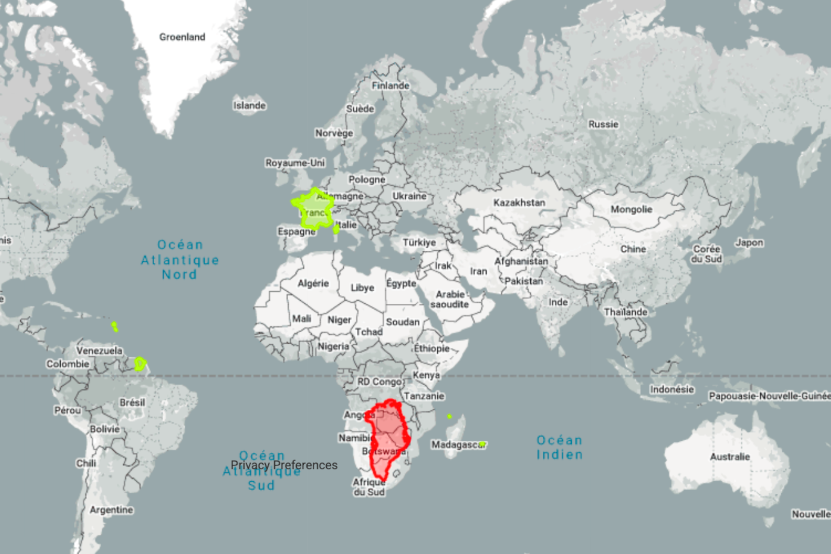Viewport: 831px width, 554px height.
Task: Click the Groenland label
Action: [x=182, y=37]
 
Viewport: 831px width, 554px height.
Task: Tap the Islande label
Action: [x=249, y=105]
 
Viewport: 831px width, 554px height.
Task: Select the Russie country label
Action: [x=603, y=124]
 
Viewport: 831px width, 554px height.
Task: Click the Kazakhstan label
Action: [x=519, y=202]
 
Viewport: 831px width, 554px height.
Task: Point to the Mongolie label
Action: [x=631, y=209]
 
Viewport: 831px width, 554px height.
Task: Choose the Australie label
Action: [x=730, y=456]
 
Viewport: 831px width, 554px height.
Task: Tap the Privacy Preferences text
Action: [x=284, y=465]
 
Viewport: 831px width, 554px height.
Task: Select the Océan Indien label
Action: [x=559, y=447]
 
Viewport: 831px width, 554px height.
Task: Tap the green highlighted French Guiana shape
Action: [x=140, y=363]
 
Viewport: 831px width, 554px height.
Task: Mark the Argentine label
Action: [x=111, y=510]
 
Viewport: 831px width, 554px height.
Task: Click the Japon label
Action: [x=749, y=242]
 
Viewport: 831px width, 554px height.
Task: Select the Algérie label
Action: [x=313, y=283]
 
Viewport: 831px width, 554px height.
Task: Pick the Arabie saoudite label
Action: [x=449, y=299]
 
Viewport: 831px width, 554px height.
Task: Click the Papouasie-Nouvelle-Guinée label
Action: [x=769, y=396]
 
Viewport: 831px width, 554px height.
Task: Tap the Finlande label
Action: [x=391, y=86]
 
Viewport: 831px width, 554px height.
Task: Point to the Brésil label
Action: [x=132, y=402]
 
